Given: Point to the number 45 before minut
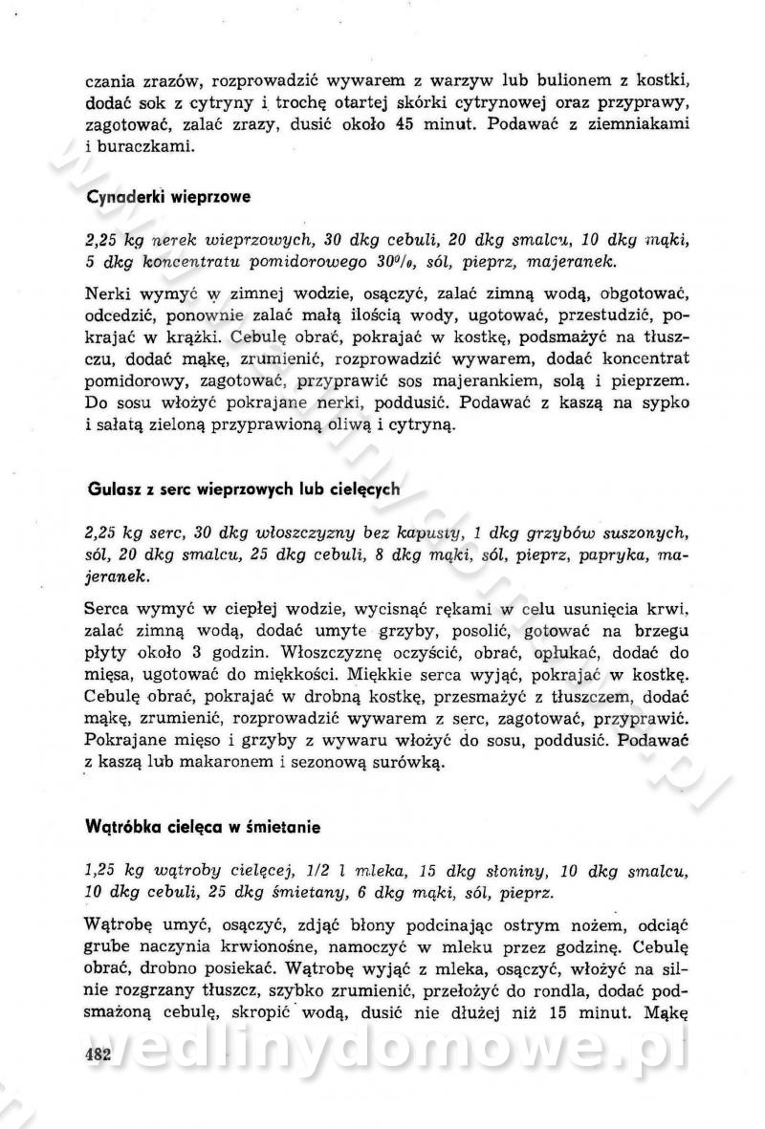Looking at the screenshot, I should (404, 124).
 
